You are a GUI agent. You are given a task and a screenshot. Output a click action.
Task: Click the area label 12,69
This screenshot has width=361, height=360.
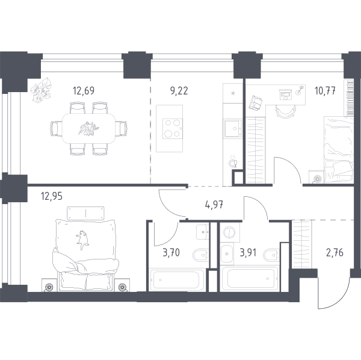84,91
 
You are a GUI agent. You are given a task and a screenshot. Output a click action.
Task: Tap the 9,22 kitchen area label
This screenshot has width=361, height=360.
179,91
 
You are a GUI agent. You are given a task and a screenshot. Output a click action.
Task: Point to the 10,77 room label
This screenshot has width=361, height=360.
325,91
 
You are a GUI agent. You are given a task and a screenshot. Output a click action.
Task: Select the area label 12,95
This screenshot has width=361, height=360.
52,196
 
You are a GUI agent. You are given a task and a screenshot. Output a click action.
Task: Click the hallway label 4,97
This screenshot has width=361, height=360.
214,205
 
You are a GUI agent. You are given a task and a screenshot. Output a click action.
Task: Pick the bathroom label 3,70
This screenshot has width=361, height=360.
171,253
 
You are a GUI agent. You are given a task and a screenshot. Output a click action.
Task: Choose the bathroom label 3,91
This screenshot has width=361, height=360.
248,253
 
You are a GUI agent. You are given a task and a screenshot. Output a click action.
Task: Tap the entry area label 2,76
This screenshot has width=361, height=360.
335,253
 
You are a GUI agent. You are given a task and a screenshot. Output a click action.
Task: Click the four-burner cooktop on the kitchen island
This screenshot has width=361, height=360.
173,128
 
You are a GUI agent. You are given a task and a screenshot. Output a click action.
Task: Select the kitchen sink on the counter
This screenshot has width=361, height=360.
232,128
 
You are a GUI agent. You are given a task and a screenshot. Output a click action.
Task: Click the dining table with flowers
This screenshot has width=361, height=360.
88,128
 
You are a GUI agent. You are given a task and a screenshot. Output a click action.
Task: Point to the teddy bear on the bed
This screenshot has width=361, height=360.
82,240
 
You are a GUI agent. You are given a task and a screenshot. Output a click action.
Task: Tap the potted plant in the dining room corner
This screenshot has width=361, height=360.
42,90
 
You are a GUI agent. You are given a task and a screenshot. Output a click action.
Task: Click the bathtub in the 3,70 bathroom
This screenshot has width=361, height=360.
176,280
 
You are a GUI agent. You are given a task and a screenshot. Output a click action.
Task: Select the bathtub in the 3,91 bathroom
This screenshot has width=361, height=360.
250,279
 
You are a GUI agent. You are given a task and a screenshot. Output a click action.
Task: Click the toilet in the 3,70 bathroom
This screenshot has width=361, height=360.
201,255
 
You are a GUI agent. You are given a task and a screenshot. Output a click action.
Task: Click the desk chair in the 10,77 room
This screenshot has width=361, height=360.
285,111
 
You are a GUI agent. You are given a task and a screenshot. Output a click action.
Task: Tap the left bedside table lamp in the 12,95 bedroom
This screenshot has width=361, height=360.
49,287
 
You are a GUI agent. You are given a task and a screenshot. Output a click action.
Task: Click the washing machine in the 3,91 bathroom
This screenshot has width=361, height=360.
230,232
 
